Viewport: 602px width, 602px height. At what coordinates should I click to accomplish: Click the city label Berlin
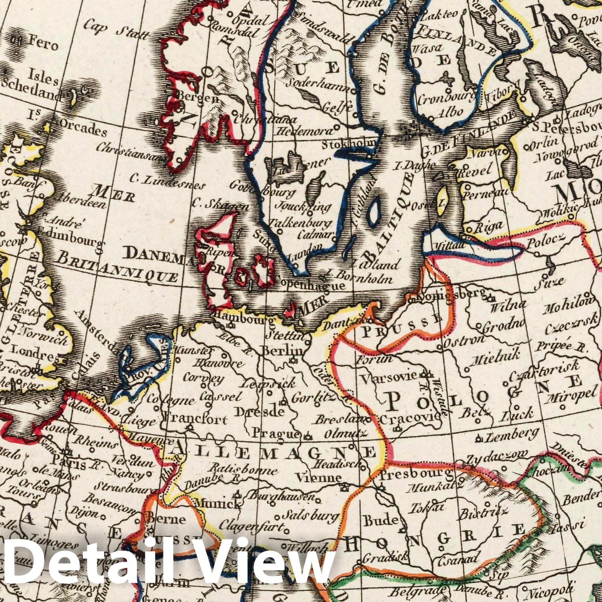[x=282, y=351]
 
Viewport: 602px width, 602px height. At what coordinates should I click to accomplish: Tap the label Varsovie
[x=389, y=375]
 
